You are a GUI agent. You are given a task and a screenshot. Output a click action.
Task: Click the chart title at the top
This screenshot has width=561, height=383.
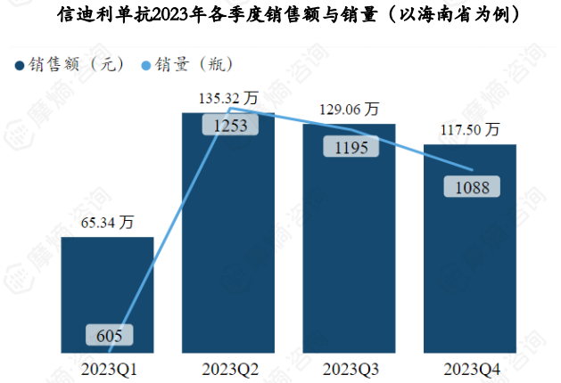280,15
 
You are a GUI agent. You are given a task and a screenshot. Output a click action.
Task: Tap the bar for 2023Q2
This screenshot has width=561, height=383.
227,240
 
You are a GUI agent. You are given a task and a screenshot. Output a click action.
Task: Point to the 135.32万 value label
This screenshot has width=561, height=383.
227,97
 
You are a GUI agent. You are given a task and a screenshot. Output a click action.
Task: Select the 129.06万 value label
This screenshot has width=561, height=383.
349,109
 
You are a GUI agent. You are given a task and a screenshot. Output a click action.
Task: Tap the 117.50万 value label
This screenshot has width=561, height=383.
470,129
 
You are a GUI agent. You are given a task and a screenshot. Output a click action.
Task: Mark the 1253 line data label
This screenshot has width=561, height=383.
230,126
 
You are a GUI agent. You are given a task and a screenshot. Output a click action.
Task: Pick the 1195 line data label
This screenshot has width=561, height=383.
351,148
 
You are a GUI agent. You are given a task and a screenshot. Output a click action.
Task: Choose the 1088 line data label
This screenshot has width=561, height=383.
472,188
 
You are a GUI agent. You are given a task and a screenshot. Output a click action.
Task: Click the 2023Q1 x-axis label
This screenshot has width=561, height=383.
107,367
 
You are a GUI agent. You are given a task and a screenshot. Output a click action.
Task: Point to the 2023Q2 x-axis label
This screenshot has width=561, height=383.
227,367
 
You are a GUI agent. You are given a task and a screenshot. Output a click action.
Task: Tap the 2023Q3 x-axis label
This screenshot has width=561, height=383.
349,367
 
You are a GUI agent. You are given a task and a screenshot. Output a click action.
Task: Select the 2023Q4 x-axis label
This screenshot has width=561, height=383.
470,367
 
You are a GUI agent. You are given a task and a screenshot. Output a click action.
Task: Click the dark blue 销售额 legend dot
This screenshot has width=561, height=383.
19,65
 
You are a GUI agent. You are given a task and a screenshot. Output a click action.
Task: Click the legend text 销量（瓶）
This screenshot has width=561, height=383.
194,64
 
